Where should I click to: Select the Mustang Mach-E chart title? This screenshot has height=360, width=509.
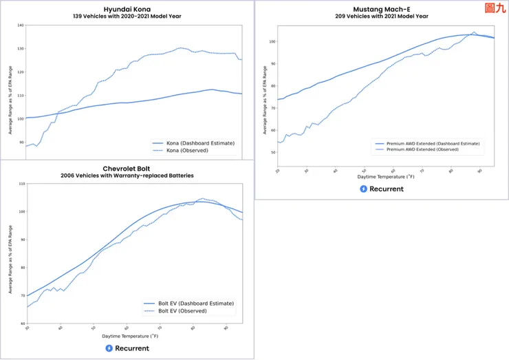coord(381,9)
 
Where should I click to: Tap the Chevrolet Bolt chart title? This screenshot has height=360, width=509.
coord(127,168)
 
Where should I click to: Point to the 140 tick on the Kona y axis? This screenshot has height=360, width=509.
coord(20,25)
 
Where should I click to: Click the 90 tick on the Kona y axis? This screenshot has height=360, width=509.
coord(21,142)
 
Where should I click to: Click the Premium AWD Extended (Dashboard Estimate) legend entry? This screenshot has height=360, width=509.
coord(432,143)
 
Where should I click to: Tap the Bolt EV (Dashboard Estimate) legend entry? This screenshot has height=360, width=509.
coord(195,303)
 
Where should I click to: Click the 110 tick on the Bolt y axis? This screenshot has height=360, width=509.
coord(21,184)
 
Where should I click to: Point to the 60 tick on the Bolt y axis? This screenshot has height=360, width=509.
coord(22,323)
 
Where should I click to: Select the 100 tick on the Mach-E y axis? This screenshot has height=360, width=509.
coord(272,42)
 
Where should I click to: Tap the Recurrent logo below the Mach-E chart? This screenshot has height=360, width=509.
coord(381,189)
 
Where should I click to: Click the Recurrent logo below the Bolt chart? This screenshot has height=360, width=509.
coord(127,348)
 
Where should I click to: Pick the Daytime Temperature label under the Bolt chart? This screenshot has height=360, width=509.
coord(130,337)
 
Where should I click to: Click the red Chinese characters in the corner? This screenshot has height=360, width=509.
coord(495,8)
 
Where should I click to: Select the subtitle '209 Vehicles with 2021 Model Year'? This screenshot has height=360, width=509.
coord(381,16)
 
